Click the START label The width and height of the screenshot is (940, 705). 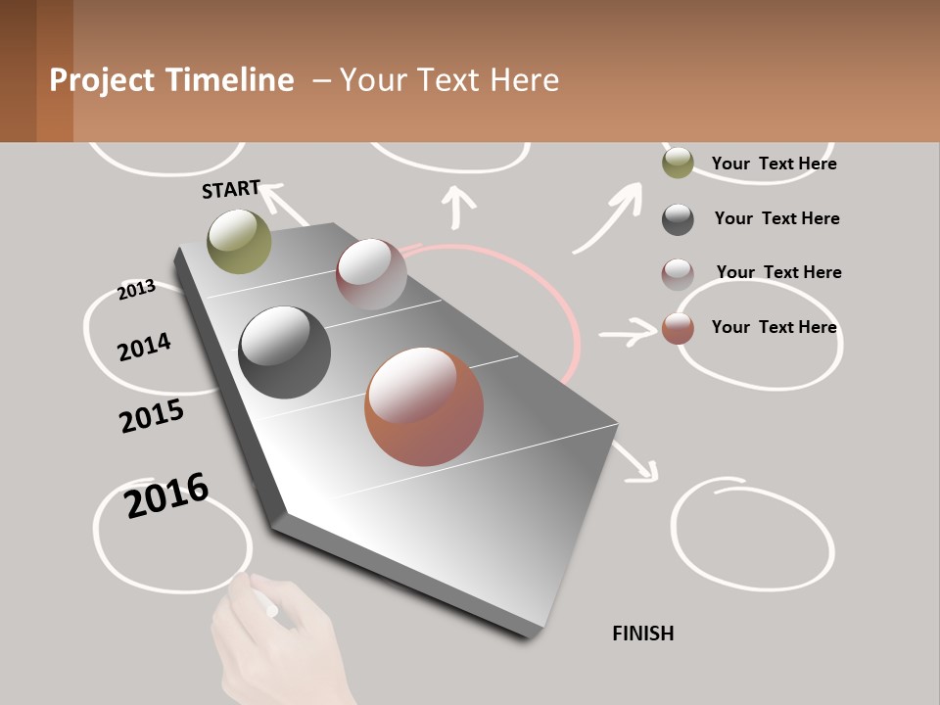click(x=231, y=189)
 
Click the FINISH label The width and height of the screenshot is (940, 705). click(x=643, y=634)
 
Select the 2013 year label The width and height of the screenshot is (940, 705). click(x=136, y=289)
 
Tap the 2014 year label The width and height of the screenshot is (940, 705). click(x=144, y=347)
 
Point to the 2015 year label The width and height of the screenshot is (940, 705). click(x=152, y=416)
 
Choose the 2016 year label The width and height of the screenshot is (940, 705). click(x=166, y=495)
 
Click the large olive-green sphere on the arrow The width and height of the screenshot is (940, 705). click(x=240, y=241)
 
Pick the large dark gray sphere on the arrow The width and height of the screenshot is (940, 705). click(x=285, y=352)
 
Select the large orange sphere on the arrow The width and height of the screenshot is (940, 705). click(x=424, y=406)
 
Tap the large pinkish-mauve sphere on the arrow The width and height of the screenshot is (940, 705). click(x=371, y=274)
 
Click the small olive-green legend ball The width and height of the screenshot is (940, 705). click(x=678, y=164)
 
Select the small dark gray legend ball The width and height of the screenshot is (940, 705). click(x=678, y=219)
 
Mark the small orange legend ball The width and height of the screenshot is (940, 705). click(x=678, y=329)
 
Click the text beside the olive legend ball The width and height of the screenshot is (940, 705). click(x=774, y=164)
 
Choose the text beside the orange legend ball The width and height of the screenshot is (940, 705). click(x=774, y=327)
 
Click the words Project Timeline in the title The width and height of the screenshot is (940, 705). click(x=171, y=80)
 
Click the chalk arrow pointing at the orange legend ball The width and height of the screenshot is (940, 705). click(x=627, y=335)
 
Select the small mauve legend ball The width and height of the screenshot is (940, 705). click(x=678, y=274)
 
